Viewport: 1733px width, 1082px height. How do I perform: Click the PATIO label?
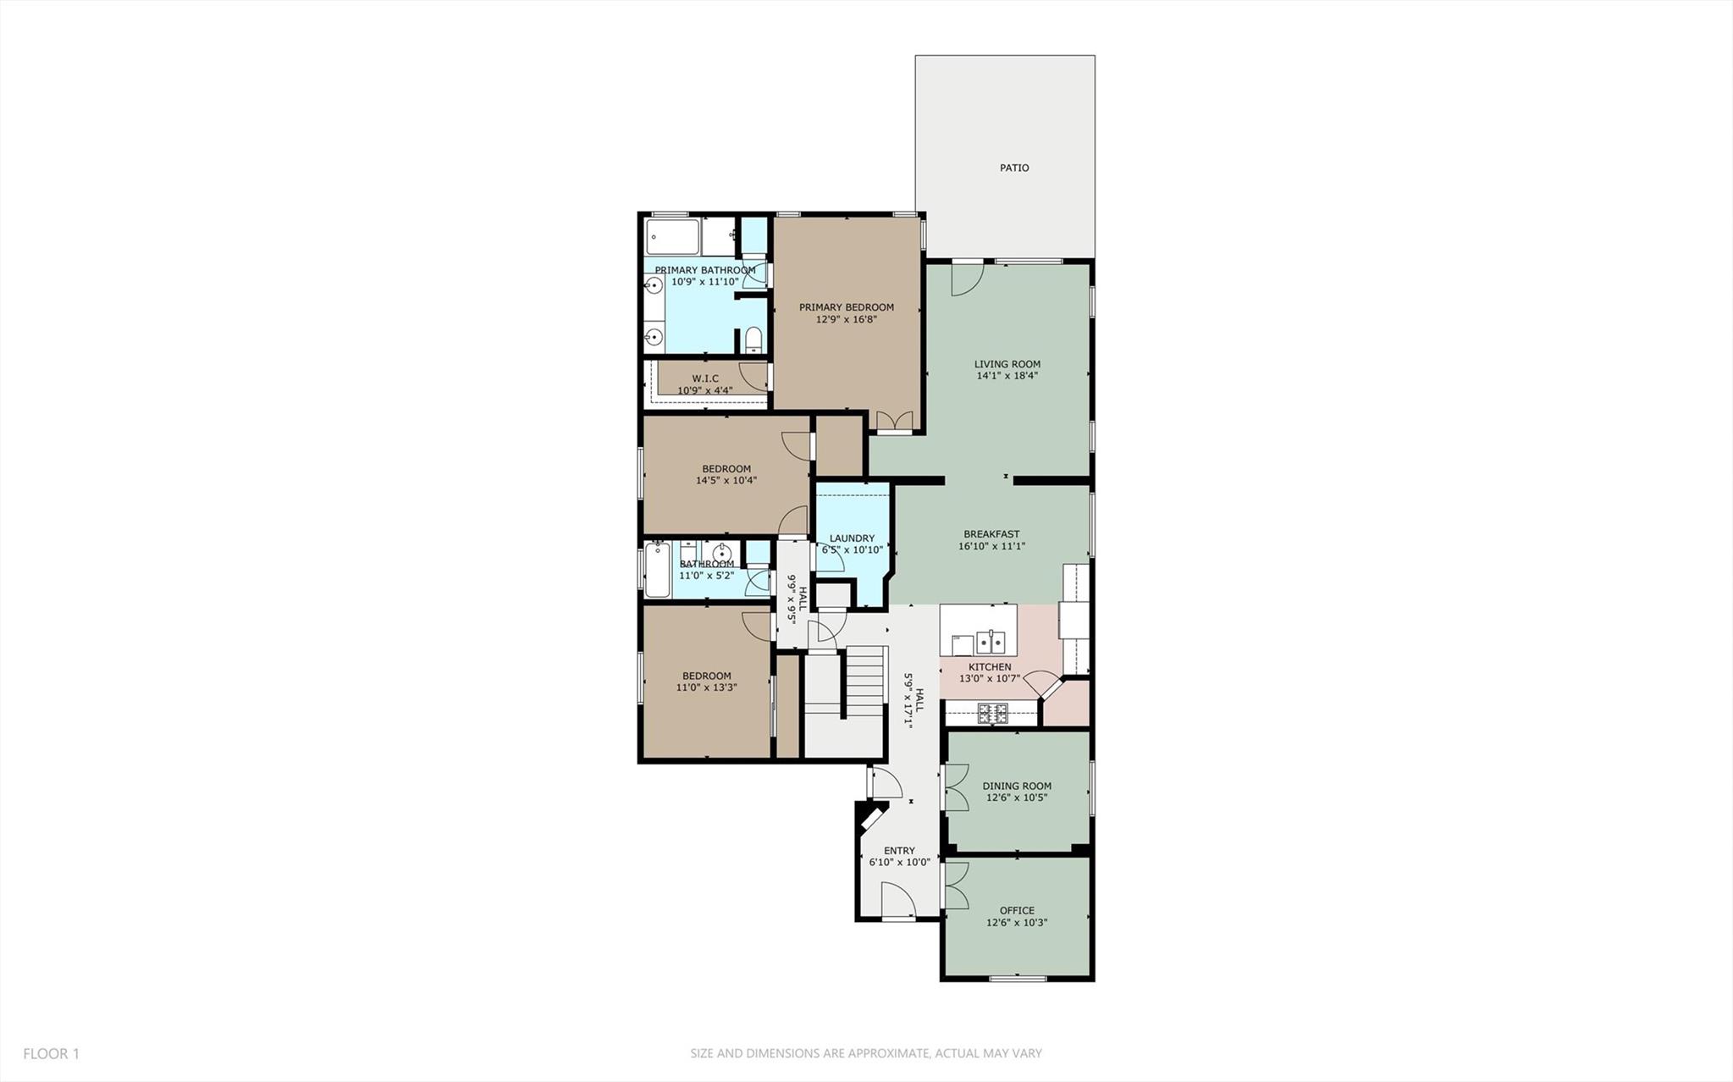pos(1013,168)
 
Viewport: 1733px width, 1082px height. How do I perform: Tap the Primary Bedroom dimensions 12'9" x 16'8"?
pos(846,319)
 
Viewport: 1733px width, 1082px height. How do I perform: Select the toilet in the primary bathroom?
pos(753,340)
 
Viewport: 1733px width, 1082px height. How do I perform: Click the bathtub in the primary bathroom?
pos(673,237)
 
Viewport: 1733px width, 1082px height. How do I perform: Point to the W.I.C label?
pos(704,378)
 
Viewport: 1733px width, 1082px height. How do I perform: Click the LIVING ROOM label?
pos(1007,364)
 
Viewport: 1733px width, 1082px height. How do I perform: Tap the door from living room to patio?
pos(967,279)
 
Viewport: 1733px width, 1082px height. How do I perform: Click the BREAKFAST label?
pos(991,534)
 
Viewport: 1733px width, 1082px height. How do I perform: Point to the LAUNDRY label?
pos(852,538)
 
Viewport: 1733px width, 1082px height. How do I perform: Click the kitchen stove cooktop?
pos(992,714)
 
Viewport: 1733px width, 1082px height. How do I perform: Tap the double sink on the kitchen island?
pos(990,642)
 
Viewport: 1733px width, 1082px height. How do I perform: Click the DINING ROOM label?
pos(1017,786)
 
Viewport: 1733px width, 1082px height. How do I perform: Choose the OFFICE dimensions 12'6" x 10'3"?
pos(1017,923)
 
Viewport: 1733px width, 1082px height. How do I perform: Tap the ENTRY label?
pos(899,851)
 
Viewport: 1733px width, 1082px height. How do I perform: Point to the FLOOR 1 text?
pos(51,1054)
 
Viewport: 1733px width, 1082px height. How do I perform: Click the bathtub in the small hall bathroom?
pos(657,570)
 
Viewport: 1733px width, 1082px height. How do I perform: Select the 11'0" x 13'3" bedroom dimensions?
pos(706,687)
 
